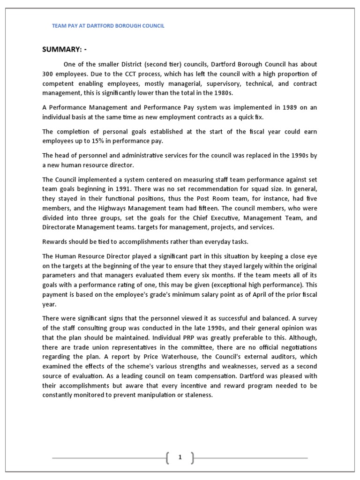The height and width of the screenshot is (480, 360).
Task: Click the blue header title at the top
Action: point(108,26)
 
